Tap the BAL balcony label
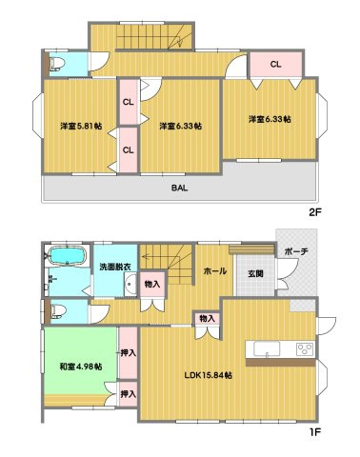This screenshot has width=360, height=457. coord(179,188)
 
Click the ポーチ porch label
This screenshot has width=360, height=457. coord(294,251)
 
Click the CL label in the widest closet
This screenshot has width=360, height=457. coord(276,65)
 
